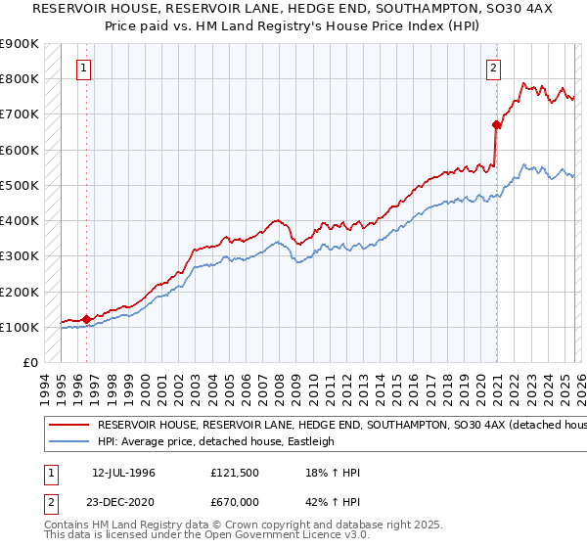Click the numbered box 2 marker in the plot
tap(492, 68)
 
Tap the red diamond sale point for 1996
tap(87, 318)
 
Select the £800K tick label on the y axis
tap(20, 78)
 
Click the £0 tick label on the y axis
tap(29, 363)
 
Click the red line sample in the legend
tap(68, 426)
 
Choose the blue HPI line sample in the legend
tap(68, 441)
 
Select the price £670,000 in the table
tap(236, 501)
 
